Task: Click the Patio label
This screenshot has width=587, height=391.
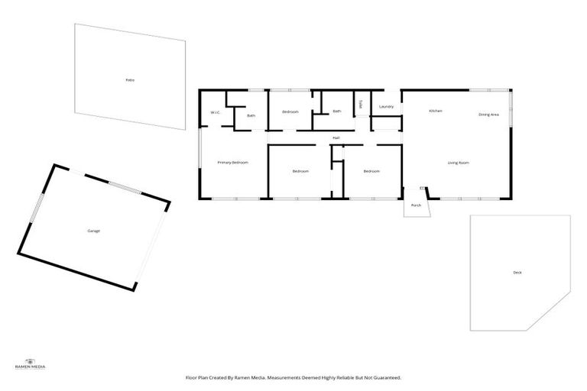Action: [x=130, y=79]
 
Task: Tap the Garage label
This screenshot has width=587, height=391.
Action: [x=93, y=230]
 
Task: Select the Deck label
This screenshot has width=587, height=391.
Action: [x=517, y=273]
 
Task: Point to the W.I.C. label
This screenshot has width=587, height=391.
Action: [x=216, y=113]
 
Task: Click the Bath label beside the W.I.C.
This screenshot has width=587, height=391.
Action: [x=251, y=115]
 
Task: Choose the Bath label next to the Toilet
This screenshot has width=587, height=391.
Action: [x=336, y=111]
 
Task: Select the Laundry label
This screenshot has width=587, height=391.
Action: [x=386, y=106]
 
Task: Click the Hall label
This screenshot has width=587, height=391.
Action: [x=336, y=137]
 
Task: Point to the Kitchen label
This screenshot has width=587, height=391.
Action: [x=436, y=111]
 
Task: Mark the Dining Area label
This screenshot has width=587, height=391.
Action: [x=488, y=115]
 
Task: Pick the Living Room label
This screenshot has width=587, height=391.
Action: [x=458, y=163]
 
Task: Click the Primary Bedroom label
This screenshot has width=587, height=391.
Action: [x=232, y=162]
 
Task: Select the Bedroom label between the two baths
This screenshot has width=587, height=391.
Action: [x=290, y=112]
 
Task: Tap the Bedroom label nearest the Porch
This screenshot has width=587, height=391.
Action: [x=371, y=171]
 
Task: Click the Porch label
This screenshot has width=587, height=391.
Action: [x=416, y=205]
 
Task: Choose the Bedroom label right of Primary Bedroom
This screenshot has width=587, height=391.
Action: [x=300, y=171]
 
